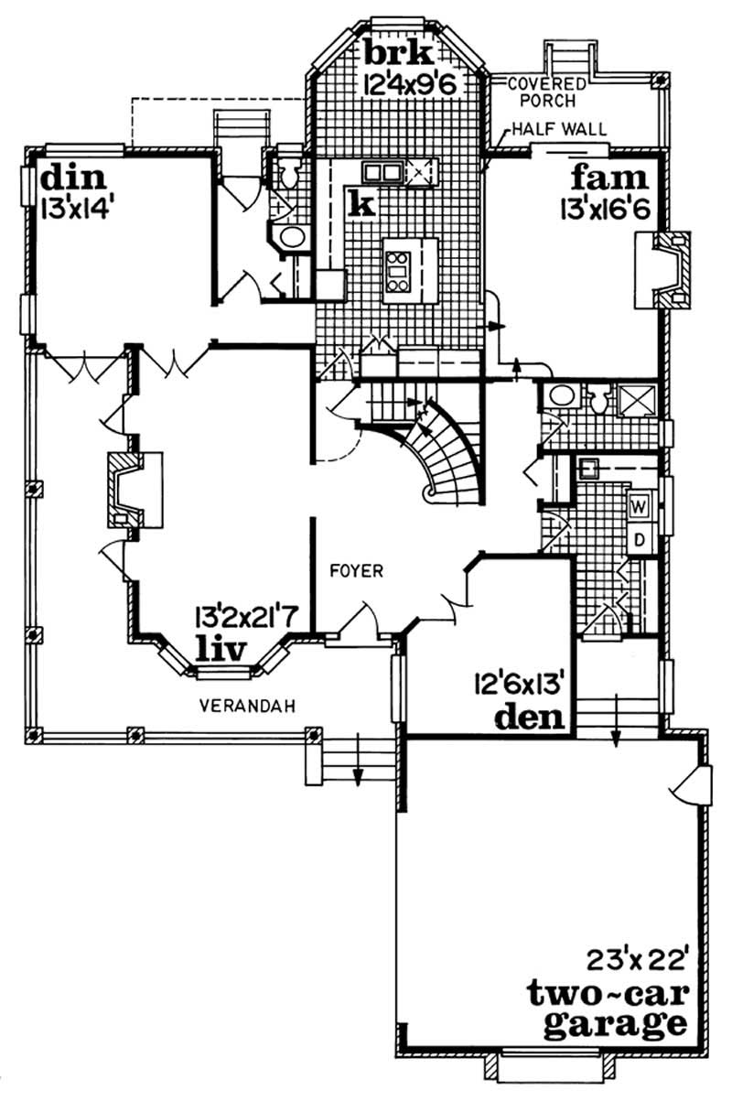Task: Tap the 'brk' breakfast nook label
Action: click(x=390, y=49)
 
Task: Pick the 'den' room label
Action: click(x=528, y=717)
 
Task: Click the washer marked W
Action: click(x=639, y=505)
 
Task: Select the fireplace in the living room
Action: click(x=125, y=489)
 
